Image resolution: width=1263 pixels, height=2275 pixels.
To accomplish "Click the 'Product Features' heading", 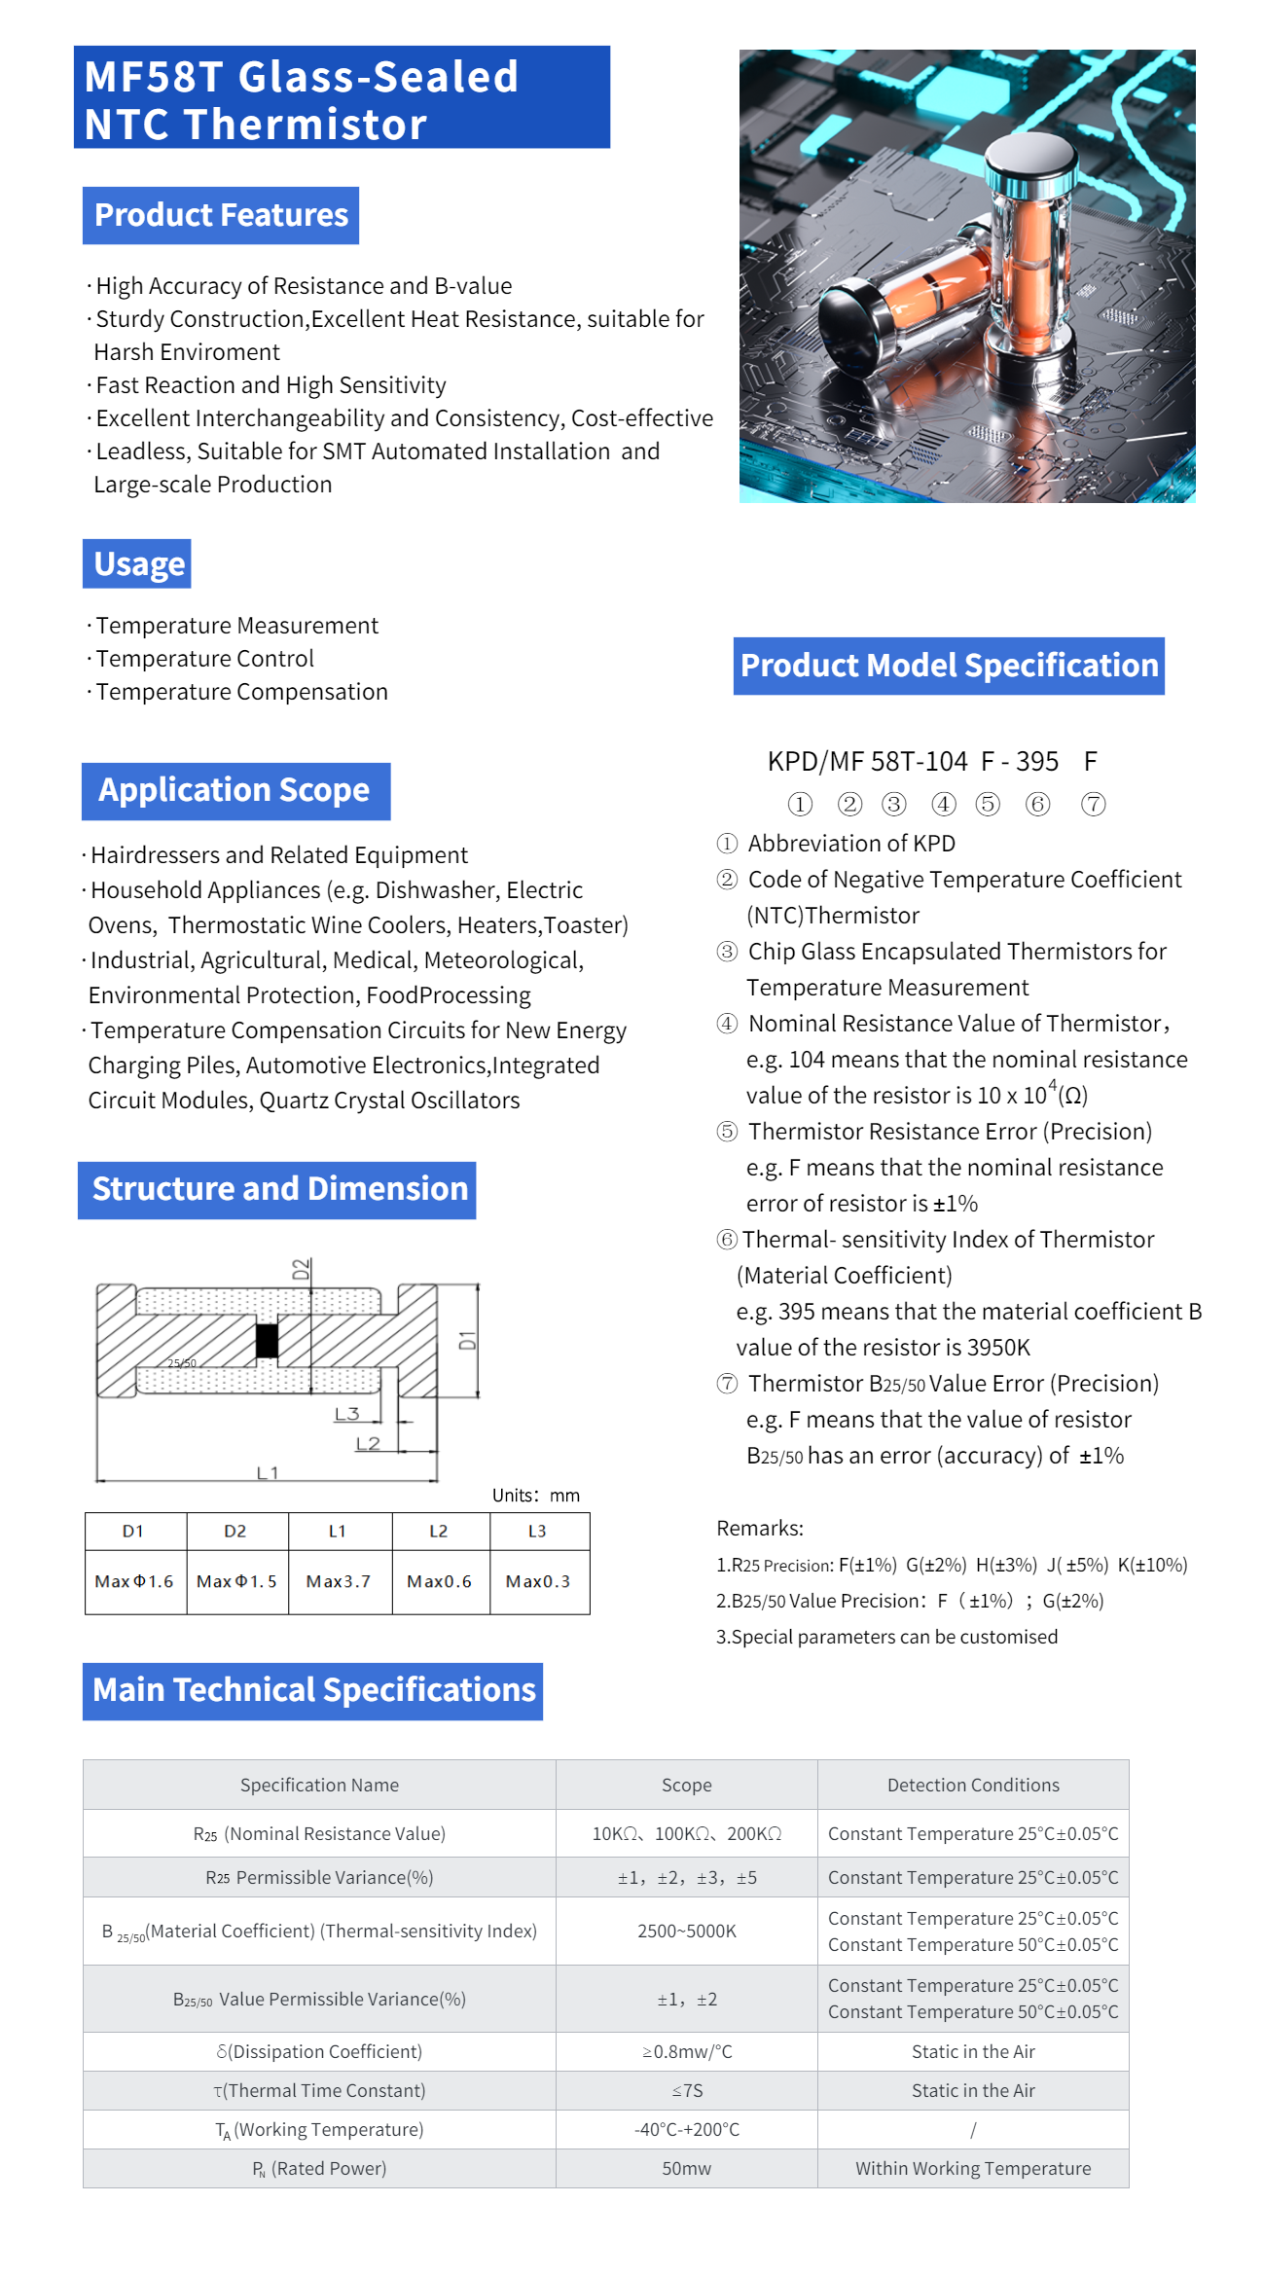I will point(221,215).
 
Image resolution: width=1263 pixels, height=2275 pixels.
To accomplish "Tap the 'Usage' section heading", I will point(138,564).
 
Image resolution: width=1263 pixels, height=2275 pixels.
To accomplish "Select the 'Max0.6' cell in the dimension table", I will point(439,1581).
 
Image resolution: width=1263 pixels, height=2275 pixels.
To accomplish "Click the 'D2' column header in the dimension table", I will point(235,1531).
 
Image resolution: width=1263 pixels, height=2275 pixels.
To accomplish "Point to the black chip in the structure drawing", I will point(267,1340).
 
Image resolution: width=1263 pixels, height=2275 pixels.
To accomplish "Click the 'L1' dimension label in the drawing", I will point(268,1472).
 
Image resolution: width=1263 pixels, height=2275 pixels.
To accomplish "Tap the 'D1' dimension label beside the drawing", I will point(468,1340).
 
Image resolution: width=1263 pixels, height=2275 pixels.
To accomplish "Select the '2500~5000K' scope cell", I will point(686,1931).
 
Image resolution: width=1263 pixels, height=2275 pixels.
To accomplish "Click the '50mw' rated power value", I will point(686,2168).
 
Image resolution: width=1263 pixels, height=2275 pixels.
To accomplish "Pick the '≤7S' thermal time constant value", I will point(686,2090).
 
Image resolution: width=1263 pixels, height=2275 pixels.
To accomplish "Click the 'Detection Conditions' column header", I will point(973,1785).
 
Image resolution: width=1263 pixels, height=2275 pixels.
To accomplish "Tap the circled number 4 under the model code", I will point(944,804).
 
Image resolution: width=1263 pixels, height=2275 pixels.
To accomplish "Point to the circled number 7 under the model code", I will point(1094,804).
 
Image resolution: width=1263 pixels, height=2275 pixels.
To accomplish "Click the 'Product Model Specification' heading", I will point(949,666).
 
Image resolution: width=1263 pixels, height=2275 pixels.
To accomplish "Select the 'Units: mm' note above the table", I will point(535,1495).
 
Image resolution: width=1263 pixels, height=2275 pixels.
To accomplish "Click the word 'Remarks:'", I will point(760,1528).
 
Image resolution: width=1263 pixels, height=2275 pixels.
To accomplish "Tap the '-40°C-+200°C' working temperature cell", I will point(686,2129).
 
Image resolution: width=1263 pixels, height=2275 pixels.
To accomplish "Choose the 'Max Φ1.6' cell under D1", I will point(134,1581).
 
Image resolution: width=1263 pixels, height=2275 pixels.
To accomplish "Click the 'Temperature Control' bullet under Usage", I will point(204,659).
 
